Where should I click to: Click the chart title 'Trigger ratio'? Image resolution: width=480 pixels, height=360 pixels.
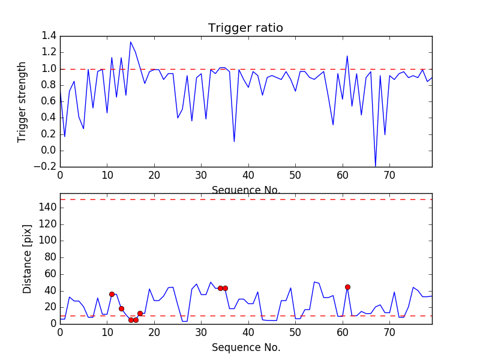tap(245, 28)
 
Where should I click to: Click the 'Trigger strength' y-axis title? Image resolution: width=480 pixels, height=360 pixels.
tap(22, 101)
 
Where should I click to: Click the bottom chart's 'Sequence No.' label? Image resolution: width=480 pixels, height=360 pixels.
tap(245, 347)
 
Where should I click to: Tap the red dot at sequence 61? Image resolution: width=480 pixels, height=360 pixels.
tap(347, 287)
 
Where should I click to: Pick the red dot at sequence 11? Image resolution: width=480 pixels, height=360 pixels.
tap(112, 294)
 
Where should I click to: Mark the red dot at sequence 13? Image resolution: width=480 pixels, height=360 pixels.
tap(121, 308)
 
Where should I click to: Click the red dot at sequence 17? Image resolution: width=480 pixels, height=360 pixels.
tap(140, 313)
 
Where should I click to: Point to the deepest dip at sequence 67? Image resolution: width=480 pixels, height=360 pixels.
tap(376, 166)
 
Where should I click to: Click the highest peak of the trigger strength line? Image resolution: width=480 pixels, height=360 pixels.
tap(131, 42)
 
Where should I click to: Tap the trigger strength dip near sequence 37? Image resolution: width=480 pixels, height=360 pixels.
tap(234, 142)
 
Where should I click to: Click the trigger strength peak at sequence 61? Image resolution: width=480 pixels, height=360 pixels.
tap(347, 56)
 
